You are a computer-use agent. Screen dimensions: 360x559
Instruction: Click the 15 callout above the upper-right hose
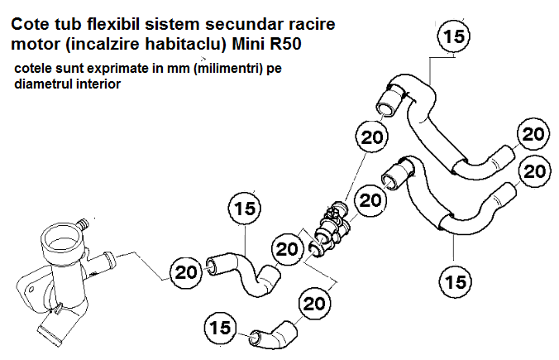pyautogui.click(x=453, y=36)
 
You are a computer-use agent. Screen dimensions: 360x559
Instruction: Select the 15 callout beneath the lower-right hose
pyautogui.click(x=453, y=281)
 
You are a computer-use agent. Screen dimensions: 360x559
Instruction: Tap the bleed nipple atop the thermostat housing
pyautogui.click(x=83, y=222)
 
